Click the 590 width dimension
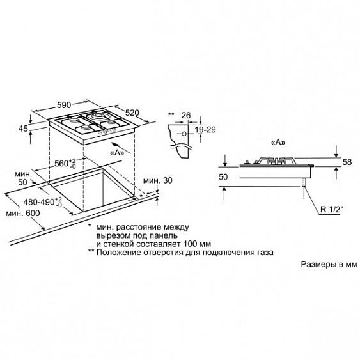click(64, 105)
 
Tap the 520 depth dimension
click(132, 113)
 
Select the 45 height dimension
click(23, 129)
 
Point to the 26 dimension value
click(186, 115)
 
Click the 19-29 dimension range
click(205, 130)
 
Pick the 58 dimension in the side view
click(347, 162)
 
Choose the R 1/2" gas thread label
click(332, 209)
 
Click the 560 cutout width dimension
click(65, 164)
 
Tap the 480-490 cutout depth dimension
click(43, 202)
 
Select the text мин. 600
click(23, 214)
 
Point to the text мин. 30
click(158, 180)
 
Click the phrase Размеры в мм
click(329, 264)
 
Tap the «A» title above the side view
click(278, 143)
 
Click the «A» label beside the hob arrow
click(117, 153)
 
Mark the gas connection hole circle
click(184, 134)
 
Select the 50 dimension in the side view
click(223, 177)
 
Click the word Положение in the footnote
click(119, 253)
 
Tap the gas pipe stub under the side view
click(304, 182)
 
